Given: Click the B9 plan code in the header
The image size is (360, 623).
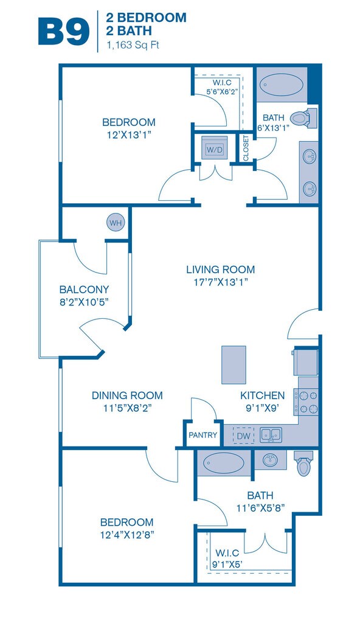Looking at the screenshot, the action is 64,32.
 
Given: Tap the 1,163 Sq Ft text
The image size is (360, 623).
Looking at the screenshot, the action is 133,45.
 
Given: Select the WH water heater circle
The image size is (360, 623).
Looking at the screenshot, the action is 116,223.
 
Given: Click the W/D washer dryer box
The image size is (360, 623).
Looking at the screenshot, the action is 215,148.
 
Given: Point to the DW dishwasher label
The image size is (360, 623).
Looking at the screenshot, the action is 244,436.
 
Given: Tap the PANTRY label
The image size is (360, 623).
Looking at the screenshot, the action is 202,435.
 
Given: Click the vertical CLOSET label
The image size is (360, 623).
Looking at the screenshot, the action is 246,148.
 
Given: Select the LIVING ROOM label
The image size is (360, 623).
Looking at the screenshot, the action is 221,270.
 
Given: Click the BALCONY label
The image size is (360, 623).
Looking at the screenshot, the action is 84,289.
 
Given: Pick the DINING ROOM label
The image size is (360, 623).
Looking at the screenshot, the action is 127,395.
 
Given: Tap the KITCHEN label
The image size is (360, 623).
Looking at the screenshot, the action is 262,395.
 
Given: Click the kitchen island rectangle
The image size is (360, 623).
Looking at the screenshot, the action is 234,365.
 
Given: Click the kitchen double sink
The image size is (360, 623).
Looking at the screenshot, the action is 271,435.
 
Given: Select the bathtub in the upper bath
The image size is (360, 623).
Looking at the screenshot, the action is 282,85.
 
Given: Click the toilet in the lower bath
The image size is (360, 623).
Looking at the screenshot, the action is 304,464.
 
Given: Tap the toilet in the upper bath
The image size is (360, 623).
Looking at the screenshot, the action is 303,118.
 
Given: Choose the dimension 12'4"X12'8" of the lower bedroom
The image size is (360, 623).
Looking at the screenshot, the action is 127,535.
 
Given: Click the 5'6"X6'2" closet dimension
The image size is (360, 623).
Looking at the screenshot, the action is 222,91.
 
